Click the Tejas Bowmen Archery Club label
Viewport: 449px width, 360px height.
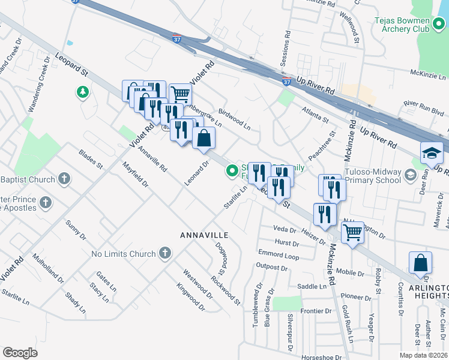403,24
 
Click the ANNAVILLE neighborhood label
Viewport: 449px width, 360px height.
205,235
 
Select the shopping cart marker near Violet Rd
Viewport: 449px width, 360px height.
180,94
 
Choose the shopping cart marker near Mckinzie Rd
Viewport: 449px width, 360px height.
353,231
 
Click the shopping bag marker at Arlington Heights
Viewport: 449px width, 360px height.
420,262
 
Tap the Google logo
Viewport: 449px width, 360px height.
20,353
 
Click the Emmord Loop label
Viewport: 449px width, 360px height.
278,255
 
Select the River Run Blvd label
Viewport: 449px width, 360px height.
423,107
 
